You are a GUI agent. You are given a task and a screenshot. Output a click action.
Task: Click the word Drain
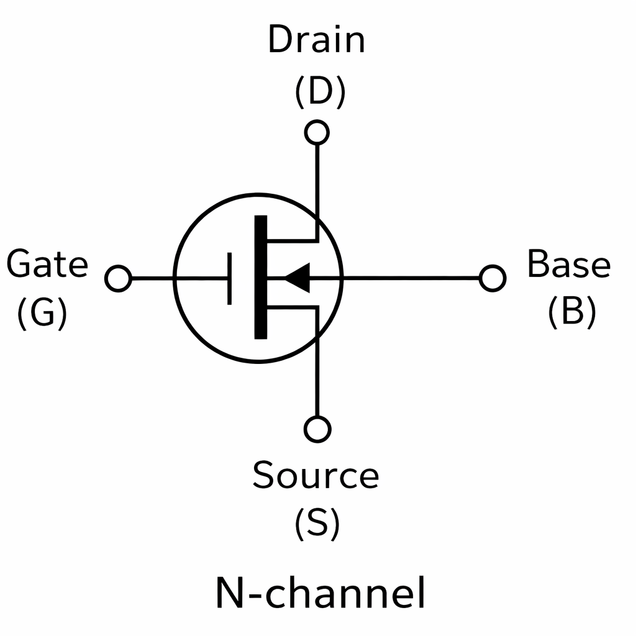pos(316,40)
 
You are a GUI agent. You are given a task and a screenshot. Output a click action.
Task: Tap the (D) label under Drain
pos(319,92)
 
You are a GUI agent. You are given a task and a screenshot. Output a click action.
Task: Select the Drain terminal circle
pos(317,132)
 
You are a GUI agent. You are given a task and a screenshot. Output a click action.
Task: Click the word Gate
pos(47,265)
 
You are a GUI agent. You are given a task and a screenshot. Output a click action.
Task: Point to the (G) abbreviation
pos(42,312)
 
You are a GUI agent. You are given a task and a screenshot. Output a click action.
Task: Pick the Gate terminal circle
pos(118,278)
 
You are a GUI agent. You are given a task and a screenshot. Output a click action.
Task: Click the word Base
pos(568,264)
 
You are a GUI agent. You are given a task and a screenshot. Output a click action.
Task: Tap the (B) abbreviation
pos(571,312)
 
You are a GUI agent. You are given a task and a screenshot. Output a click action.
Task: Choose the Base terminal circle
pos(493,278)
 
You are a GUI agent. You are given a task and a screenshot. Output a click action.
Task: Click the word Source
pos(316,475)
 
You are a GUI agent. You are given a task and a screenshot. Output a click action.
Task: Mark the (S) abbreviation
pos(317,523)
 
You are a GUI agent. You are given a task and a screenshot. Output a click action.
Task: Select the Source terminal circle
pos(317,429)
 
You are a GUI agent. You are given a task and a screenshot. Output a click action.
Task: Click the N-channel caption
pos(320,593)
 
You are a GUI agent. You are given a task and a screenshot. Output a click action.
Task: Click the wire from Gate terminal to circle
pos(152,278)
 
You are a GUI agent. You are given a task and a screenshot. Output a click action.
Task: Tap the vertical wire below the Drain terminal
pos(317,180)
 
